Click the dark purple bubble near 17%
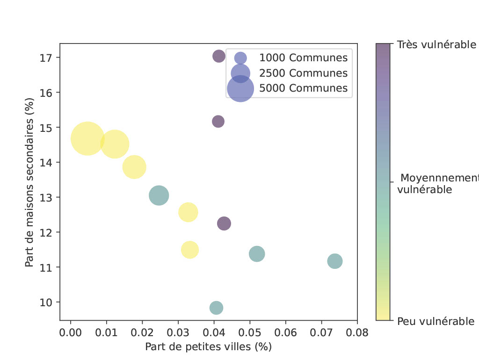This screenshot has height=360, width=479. (219, 56)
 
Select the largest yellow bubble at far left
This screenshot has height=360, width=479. (87, 138)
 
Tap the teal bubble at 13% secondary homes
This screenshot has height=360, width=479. (159, 195)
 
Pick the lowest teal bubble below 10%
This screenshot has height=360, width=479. (216, 308)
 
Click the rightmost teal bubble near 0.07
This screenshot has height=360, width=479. (335, 261)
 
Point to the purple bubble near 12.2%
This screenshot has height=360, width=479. (224, 223)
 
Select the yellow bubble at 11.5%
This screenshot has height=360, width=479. (190, 250)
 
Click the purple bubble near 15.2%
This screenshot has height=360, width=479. (218, 122)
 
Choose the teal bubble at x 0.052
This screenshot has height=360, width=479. (257, 254)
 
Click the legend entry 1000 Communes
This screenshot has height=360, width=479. (303, 58)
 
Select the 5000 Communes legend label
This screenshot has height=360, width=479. (303, 88)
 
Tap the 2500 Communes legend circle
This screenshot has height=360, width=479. (240, 73)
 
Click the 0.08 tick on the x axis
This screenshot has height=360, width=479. (357, 332)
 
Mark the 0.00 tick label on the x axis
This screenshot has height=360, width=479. (71, 332)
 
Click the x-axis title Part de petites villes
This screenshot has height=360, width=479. (208, 347)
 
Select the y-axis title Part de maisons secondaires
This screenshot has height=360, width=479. (30, 182)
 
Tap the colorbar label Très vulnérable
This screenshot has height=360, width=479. (436, 45)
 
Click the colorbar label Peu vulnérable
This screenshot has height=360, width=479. (435, 321)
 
